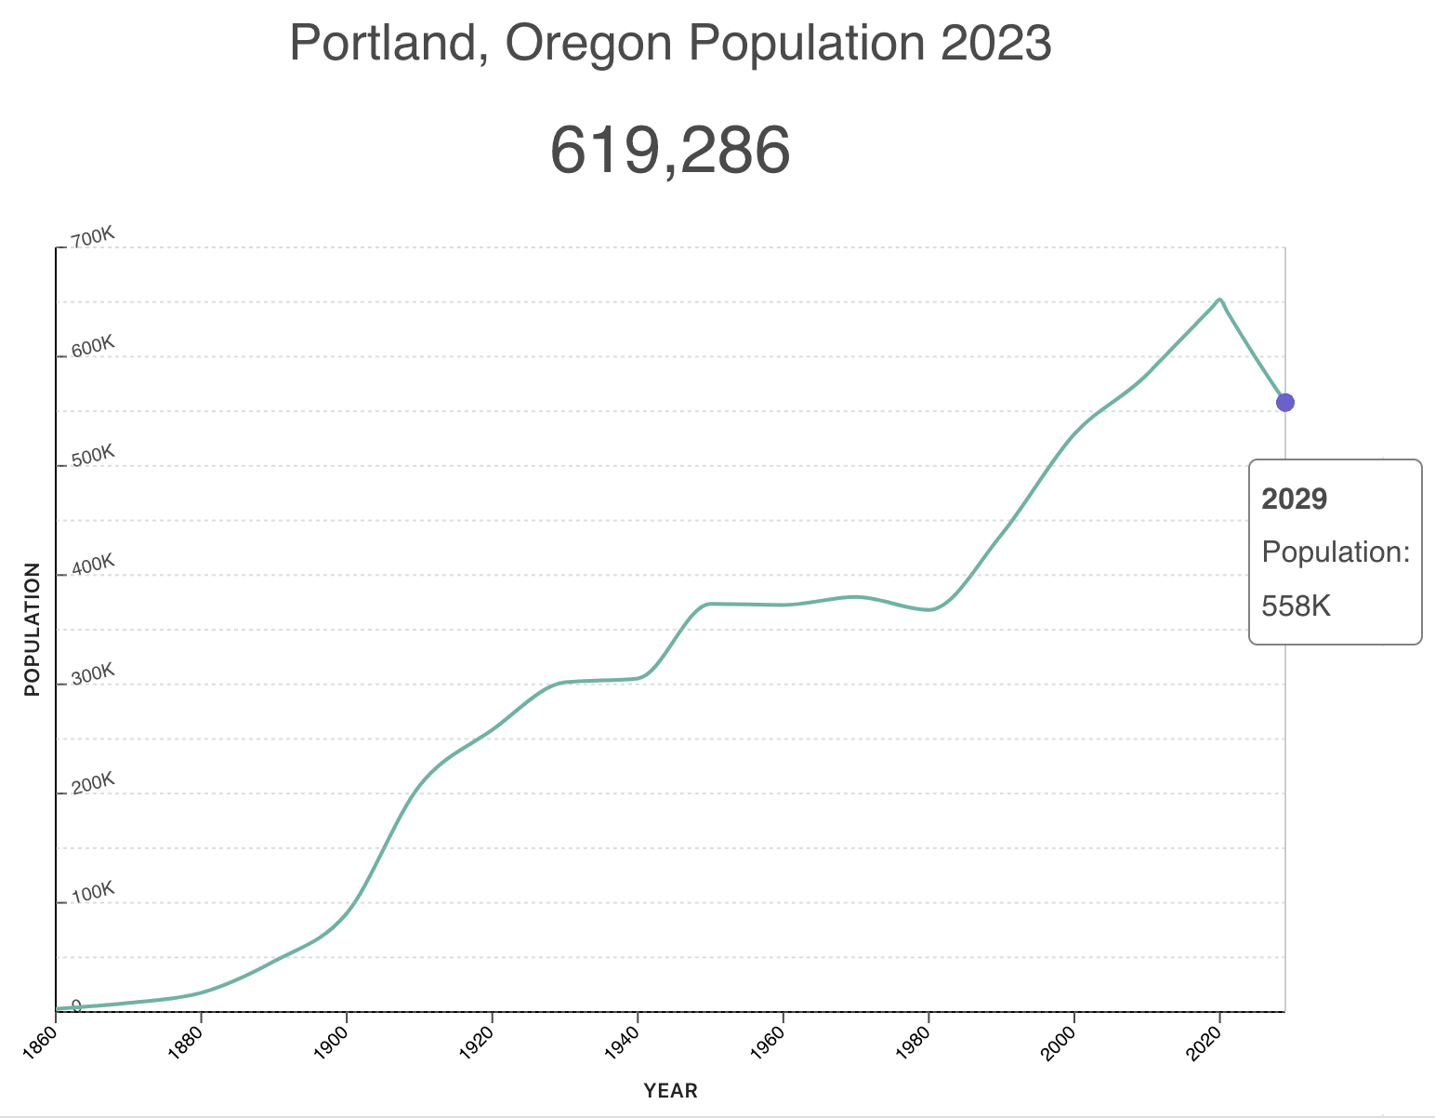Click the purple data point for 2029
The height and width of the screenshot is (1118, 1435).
pos(1284,403)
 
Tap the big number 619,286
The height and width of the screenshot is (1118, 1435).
pos(670,150)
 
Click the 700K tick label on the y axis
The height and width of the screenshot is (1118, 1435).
pos(92,238)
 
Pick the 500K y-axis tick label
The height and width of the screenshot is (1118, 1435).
pos(92,456)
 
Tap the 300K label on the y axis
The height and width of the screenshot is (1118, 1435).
pos(92,674)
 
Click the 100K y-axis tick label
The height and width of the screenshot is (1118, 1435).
pos(92,892)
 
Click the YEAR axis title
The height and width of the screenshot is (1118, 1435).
pos(670,1091)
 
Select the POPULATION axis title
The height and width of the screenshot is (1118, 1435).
pos(33,629)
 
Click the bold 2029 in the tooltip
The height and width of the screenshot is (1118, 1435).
pos(1294,499)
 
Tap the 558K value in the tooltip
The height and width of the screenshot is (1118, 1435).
pos(1297,606)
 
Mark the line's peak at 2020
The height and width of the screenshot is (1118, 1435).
pos(1219,299)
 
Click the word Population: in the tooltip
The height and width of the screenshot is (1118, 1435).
pos(1336,552)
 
